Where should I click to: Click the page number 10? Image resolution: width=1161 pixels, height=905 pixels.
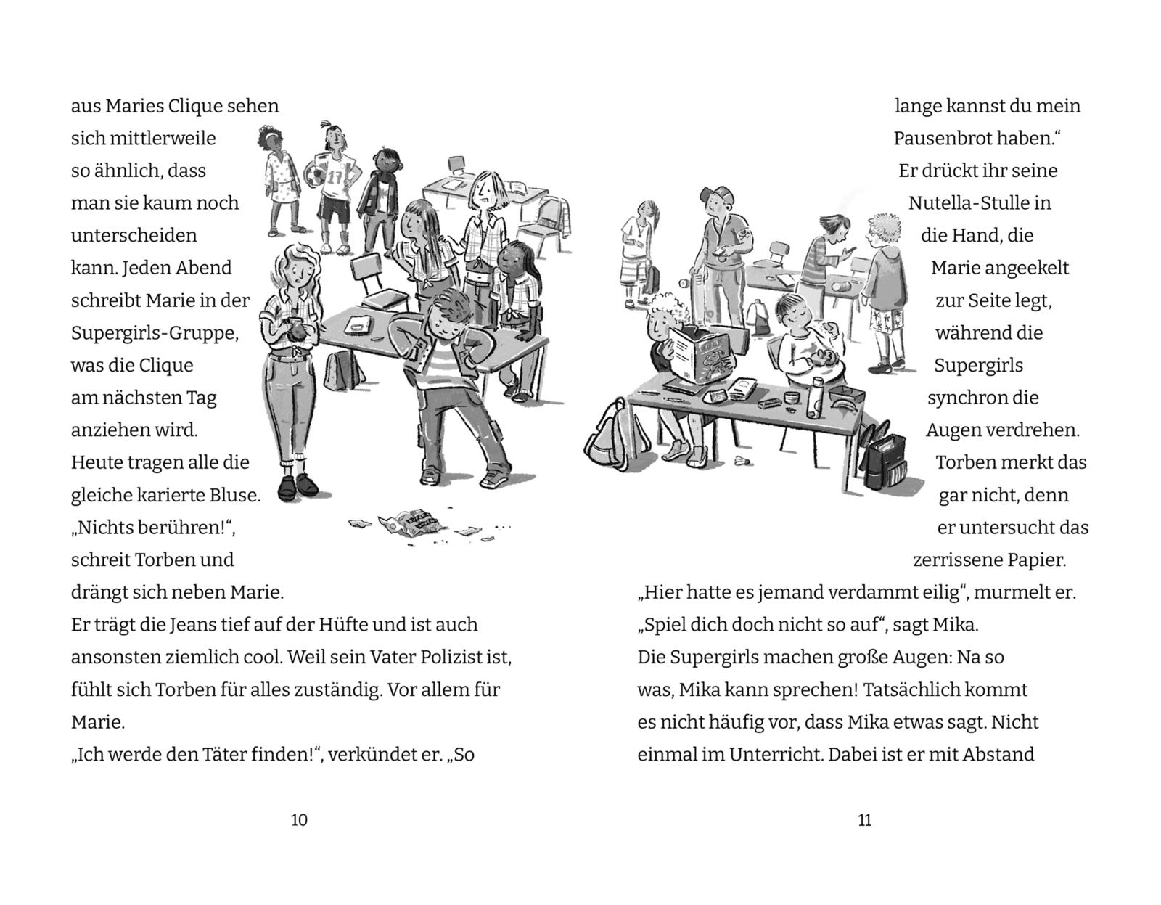pos(299,820)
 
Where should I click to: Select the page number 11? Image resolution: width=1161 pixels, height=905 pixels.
pos(864,820)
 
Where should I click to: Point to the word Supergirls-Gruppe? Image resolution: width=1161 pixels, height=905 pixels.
pos(155,334)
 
